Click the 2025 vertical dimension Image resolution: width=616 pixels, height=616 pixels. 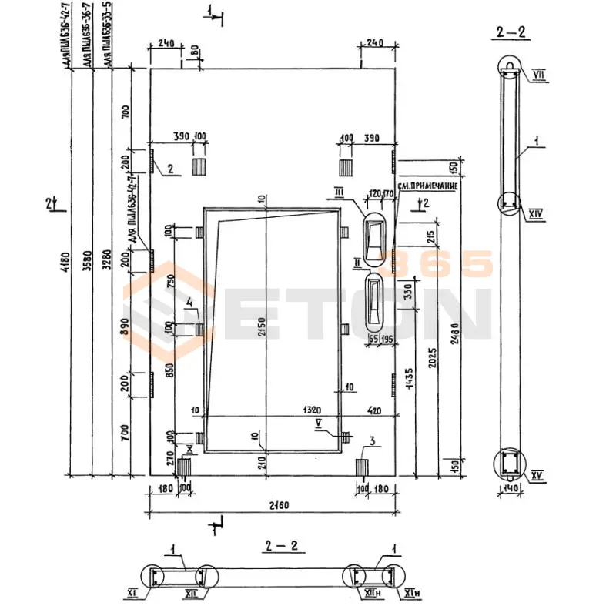(x=435, y=360)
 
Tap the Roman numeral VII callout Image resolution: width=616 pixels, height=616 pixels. (x=537, y=73)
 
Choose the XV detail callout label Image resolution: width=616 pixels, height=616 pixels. (x=537, y=476)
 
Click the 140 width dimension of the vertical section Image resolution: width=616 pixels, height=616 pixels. (x=508, y=487)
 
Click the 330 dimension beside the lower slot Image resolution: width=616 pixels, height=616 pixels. (x=409, y=292)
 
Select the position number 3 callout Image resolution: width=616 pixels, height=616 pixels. (x=372, y=440)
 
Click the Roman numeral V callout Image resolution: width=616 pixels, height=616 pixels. (x=317, y=422)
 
